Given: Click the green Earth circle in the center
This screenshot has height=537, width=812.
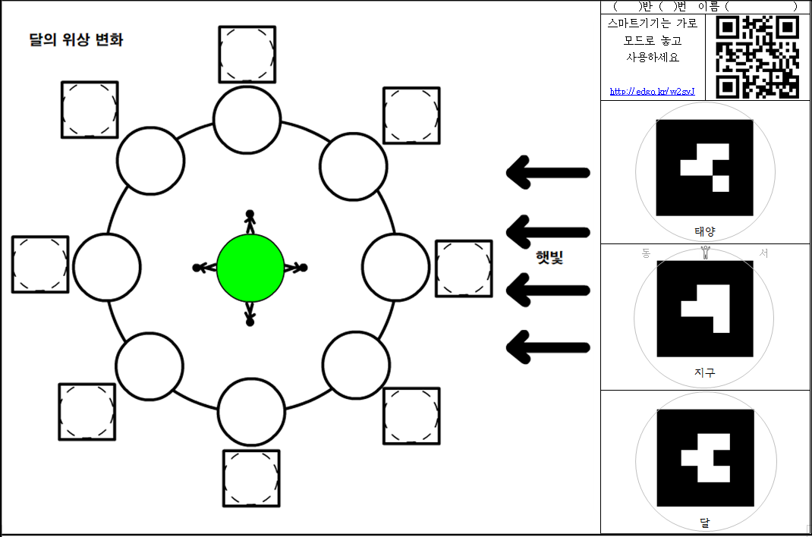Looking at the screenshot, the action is click(x=250, y=267).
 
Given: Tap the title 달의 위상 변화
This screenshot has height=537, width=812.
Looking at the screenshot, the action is click(x=76, y=40).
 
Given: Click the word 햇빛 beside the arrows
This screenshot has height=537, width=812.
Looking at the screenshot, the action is click(x=548, y=258).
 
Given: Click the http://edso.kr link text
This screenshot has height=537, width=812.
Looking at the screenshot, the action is click(x=652, y=92).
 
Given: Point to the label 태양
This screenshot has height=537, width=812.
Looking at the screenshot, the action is click(x=704, y=231).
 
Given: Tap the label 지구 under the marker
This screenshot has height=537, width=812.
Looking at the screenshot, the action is click(x=704, y=372).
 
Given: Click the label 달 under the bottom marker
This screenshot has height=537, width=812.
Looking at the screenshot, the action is click(x=704, y=523).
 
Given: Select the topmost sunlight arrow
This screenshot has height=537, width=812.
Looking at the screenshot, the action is click(x=548, y=172).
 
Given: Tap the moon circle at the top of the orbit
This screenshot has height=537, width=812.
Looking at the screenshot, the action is click(x=247, y=119).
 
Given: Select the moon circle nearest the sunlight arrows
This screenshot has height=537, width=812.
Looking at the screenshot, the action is click(x=396, y=266).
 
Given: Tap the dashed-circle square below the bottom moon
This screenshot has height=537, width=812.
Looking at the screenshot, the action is click(x=251, y=479).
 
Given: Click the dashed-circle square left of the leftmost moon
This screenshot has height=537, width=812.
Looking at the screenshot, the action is click(x=40, y=264).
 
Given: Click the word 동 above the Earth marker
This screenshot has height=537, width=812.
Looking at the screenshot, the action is click(x=646, y=253).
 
